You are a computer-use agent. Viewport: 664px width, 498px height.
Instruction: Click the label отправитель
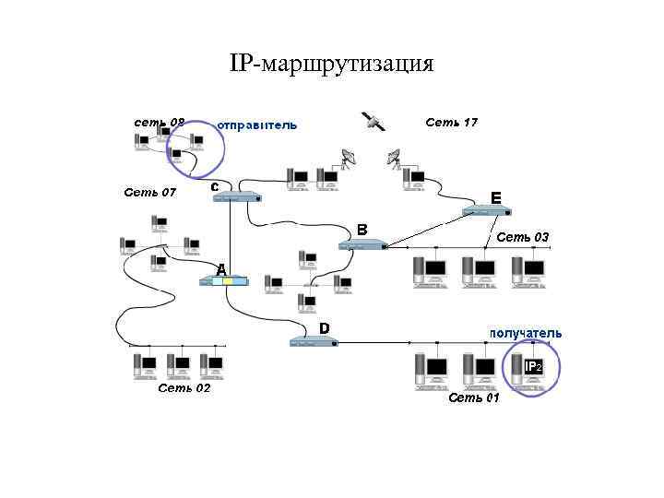(257, 125)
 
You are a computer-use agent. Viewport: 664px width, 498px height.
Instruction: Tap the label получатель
(526, 333)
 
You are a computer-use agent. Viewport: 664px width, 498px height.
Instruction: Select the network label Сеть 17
(451, 122)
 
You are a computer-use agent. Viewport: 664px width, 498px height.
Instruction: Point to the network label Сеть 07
(149, 193)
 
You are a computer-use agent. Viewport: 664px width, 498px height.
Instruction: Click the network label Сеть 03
(523, 237)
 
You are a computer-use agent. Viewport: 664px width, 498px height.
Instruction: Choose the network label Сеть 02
(184, 388)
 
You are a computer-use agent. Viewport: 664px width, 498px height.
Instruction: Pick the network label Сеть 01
(473, 398)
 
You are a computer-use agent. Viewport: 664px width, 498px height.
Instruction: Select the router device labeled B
(362, 244)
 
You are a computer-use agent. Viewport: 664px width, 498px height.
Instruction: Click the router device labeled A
(224, 280)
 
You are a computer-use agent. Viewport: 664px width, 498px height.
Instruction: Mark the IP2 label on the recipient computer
(533, 367)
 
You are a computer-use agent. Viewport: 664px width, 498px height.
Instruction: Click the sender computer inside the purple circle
(196, 142)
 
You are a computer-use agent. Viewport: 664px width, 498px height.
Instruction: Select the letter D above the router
(325, 327)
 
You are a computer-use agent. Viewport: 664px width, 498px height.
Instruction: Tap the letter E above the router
(496, 197)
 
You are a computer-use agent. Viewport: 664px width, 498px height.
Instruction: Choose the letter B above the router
(362, 228)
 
